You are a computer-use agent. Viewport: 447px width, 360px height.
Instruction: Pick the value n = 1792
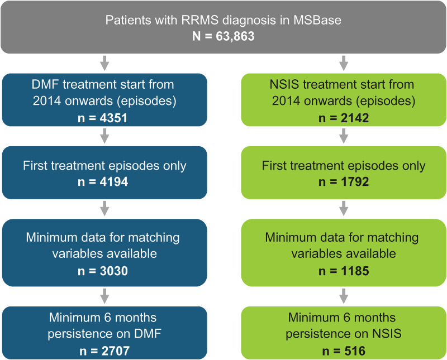[x=344, y=183]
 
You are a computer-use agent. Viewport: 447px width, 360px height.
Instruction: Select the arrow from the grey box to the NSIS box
[x=344, y=62]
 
